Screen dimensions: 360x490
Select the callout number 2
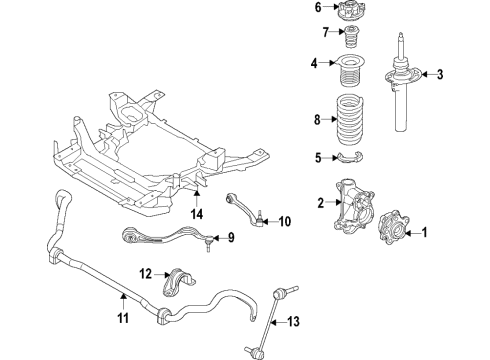click(321, 203)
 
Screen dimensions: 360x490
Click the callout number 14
click(197, 213)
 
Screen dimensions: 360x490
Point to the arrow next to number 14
click(197, 197)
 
